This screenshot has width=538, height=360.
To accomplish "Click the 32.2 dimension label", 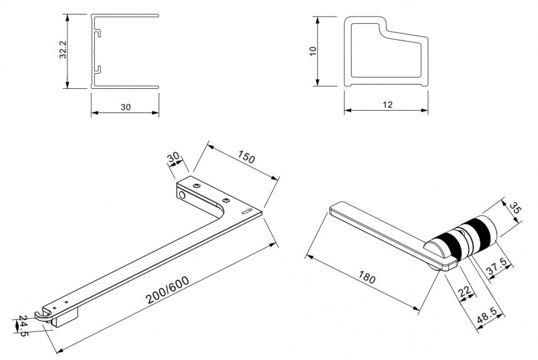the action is point(62,51).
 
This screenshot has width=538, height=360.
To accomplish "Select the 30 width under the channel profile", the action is point(125,107).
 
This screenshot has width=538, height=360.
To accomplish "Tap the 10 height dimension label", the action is point(313,52).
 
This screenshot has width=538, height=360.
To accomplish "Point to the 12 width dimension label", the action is point(387,105).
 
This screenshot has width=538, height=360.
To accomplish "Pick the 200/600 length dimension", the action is point(167,291).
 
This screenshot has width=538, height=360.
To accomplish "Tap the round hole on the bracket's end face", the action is point(182,196).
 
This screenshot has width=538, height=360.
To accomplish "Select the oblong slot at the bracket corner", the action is point(247,211).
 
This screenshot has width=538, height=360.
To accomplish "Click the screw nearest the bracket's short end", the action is point(196,186).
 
